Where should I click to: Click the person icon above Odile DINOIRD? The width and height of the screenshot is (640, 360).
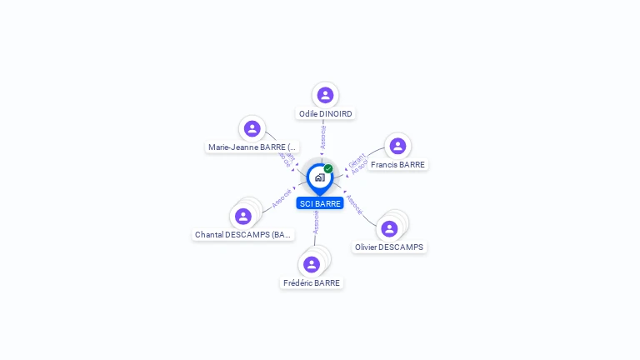(x=325, y=95)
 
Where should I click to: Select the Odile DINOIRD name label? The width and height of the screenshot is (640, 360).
(x=326, y=114)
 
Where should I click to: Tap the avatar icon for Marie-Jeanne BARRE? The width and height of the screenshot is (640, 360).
(x=252, y=128)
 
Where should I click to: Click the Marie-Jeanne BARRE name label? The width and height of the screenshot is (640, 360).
(x=252, y=147)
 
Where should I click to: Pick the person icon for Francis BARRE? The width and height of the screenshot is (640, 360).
(x=397, y=146)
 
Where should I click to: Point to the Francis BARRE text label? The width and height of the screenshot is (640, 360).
(x=398, y=165)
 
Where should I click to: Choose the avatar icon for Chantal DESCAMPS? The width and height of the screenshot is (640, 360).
(x=243, y=217)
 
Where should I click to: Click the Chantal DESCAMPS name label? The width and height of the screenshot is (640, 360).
(x=243, y=235)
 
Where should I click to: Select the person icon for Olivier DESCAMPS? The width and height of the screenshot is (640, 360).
(x=389, y=228)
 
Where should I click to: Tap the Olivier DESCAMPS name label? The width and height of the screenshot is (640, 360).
(x=389, y=247)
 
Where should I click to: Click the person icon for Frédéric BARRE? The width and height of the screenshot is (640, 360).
(x=312, y=264)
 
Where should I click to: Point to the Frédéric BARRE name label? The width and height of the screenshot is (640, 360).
(x=312, y=283)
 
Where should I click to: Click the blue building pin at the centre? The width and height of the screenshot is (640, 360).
(x=319, y=177)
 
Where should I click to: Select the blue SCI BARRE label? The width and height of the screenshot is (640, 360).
(x=320, y=203)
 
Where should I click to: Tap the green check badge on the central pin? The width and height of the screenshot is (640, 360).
(x=328, y=168)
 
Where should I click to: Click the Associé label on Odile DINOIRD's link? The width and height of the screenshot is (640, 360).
(x=323, y=137)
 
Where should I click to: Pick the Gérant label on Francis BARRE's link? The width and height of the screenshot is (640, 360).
(x=356, y=158)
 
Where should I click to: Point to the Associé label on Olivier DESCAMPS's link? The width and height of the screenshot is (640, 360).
(x=354, y=204)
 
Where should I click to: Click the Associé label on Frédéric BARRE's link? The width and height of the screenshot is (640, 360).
(x=316, y=221)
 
